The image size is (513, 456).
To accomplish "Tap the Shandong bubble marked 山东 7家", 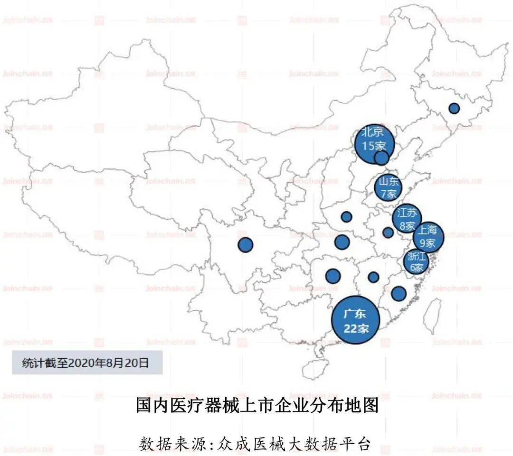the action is [388, 187].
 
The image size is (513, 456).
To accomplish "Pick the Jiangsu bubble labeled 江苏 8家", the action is [408, 218].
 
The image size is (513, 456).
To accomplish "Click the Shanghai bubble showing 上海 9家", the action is [428, 237].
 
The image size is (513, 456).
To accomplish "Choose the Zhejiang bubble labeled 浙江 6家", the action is [416, 261].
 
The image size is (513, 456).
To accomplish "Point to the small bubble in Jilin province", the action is [454, 108].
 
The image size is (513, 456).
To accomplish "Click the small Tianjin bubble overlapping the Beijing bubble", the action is [381, 158].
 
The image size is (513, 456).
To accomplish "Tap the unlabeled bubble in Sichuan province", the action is [245, 245].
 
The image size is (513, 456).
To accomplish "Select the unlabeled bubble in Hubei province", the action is [342, 242].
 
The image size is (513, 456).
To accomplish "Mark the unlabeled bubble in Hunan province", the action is [333, 276].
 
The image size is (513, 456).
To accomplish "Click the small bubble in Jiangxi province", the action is [373, 277].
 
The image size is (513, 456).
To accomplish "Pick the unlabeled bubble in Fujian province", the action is [399, 294].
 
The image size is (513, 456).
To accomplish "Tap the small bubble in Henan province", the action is [346, 217].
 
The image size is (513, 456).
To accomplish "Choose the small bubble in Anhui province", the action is [388, 233].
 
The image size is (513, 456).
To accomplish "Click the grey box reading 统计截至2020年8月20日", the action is [87, 363].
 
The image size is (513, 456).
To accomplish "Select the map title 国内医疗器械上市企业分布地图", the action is [256, 406].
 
